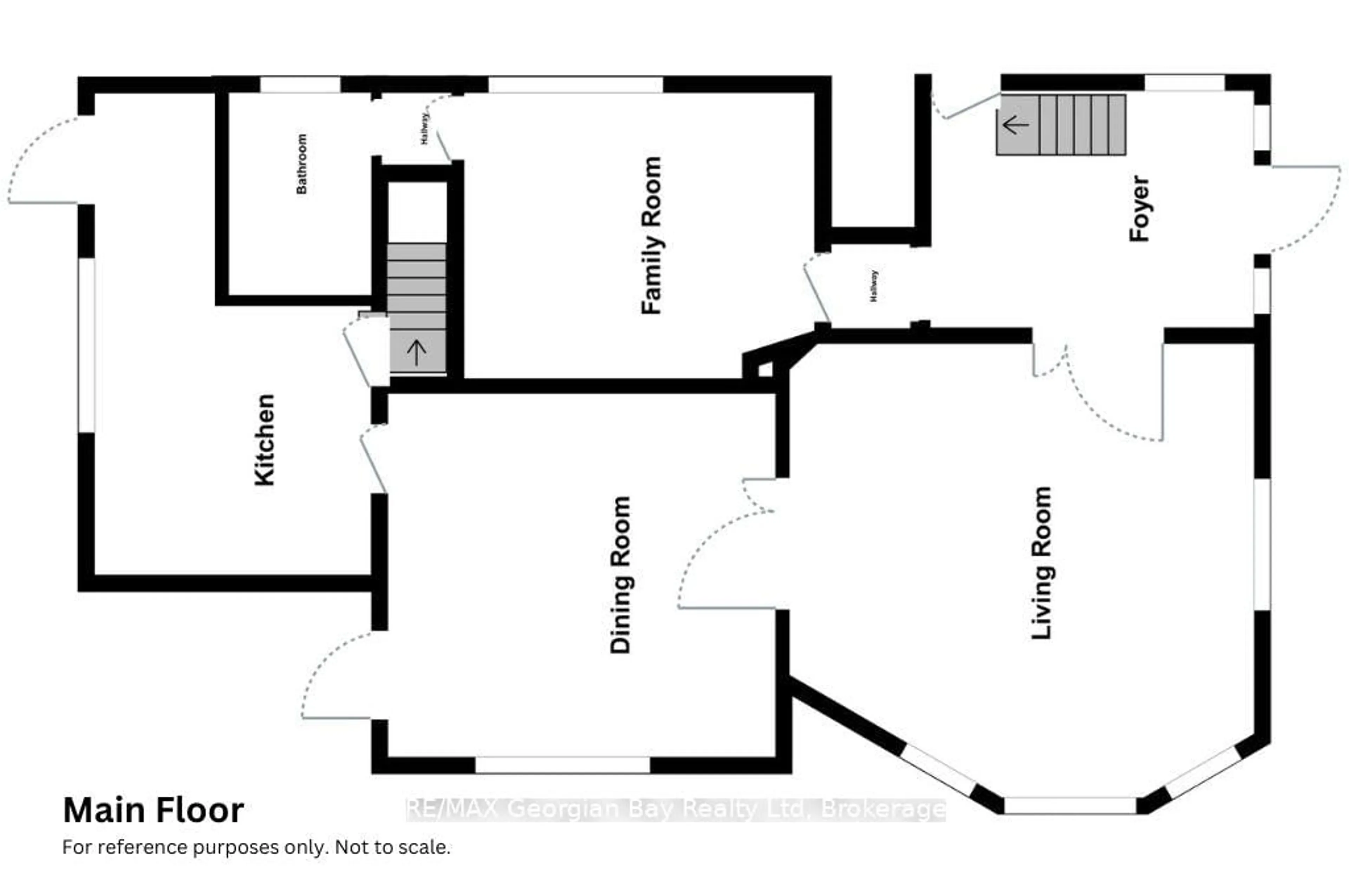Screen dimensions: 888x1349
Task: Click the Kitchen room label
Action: tap(265, 440)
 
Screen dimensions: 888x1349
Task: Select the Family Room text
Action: tap(652, 235)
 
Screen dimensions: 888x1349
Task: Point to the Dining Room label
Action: tap(621, 575)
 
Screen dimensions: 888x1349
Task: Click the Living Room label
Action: tap(1042, 563)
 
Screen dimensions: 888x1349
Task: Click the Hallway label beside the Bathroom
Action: tap(424, 129)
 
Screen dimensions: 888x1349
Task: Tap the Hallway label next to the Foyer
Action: tap(873, 286)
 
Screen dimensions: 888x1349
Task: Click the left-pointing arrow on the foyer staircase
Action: tap(1016, 125)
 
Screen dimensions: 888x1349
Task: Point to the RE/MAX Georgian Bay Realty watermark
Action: tap(676, 809)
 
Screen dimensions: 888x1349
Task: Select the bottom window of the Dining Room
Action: tap(562, 765)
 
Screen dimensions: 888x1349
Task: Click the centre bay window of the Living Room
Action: tap(1070, 805)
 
